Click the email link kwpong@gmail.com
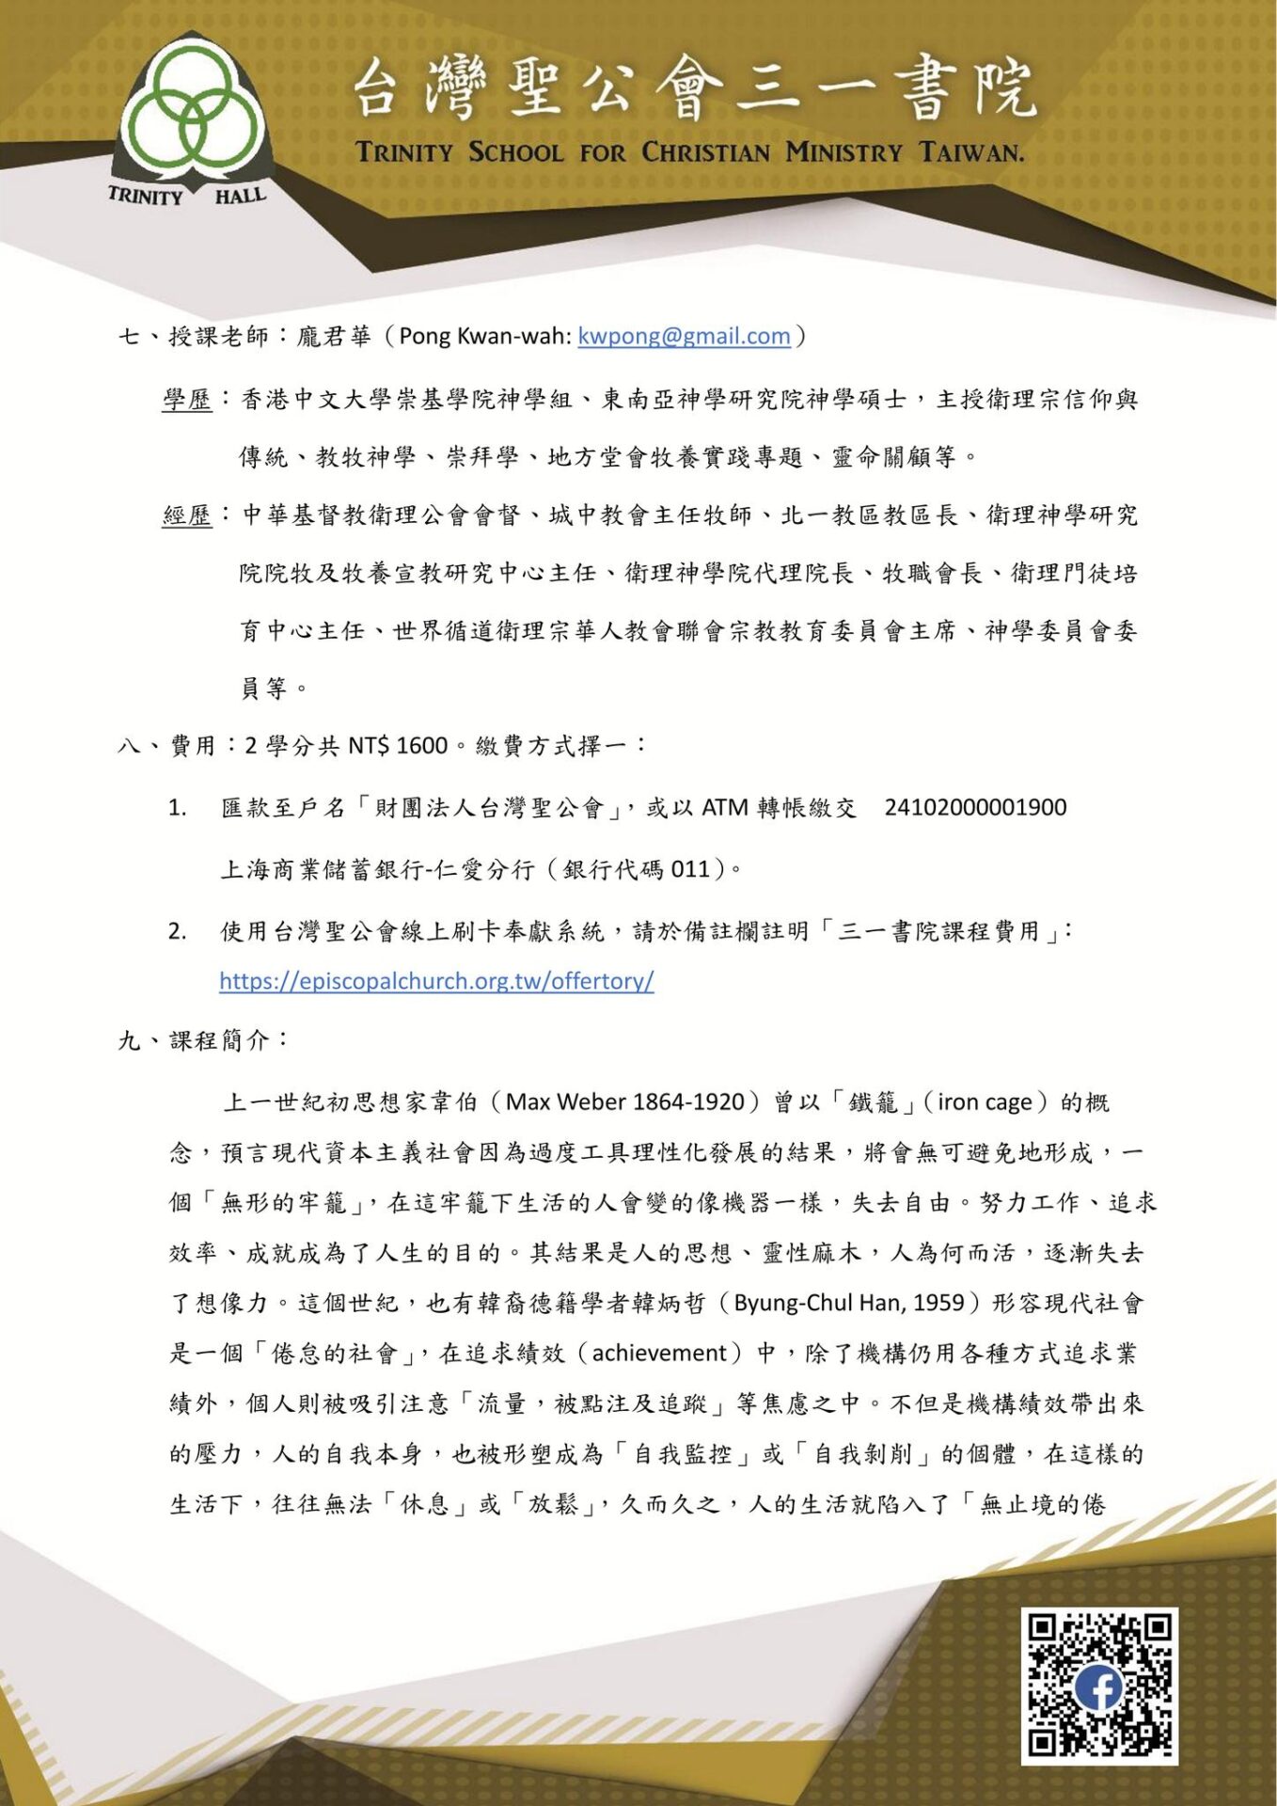[x=684, y=336]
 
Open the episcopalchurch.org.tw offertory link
[x=436, y=981]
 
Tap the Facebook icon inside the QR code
[x=1098, y=1687]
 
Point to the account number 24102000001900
[x=975, y=807]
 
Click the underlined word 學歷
[x=187, y=400]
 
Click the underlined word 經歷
[x=187, y=515]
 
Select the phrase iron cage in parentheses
[x=985, y=1101]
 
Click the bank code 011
[x=690, y=868]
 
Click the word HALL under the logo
[x=241, y=197]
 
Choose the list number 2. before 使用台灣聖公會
[x=177, y=931]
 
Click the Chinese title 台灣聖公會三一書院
[x=694, y=89]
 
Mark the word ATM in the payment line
[x=725, y=807]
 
